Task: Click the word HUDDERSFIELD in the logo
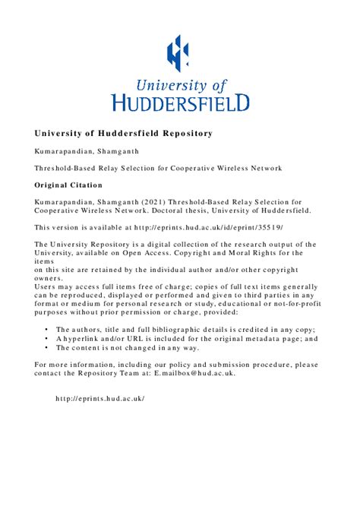(180, 102)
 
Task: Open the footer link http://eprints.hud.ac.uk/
(100, 398)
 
